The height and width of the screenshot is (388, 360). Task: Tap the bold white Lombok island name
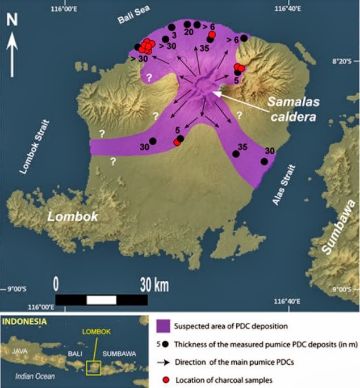[x=73, y=217]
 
